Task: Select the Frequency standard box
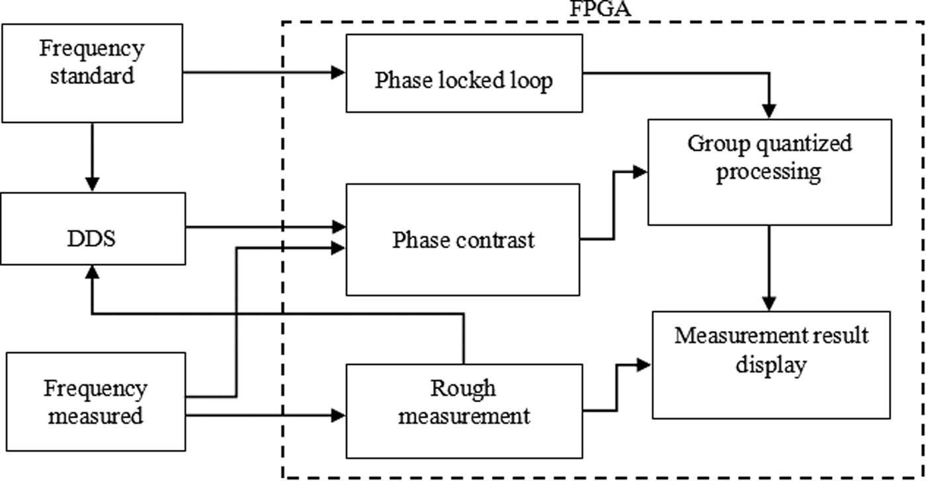[92, 73]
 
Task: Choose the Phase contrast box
[463, 239]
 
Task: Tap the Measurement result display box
[771, 363]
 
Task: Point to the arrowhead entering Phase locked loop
[339, 72]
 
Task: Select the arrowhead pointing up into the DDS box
[93, 272]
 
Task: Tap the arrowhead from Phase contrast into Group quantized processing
[640, 172]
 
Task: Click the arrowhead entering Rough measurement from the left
[339, 415]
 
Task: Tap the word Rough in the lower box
[463, 388]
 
